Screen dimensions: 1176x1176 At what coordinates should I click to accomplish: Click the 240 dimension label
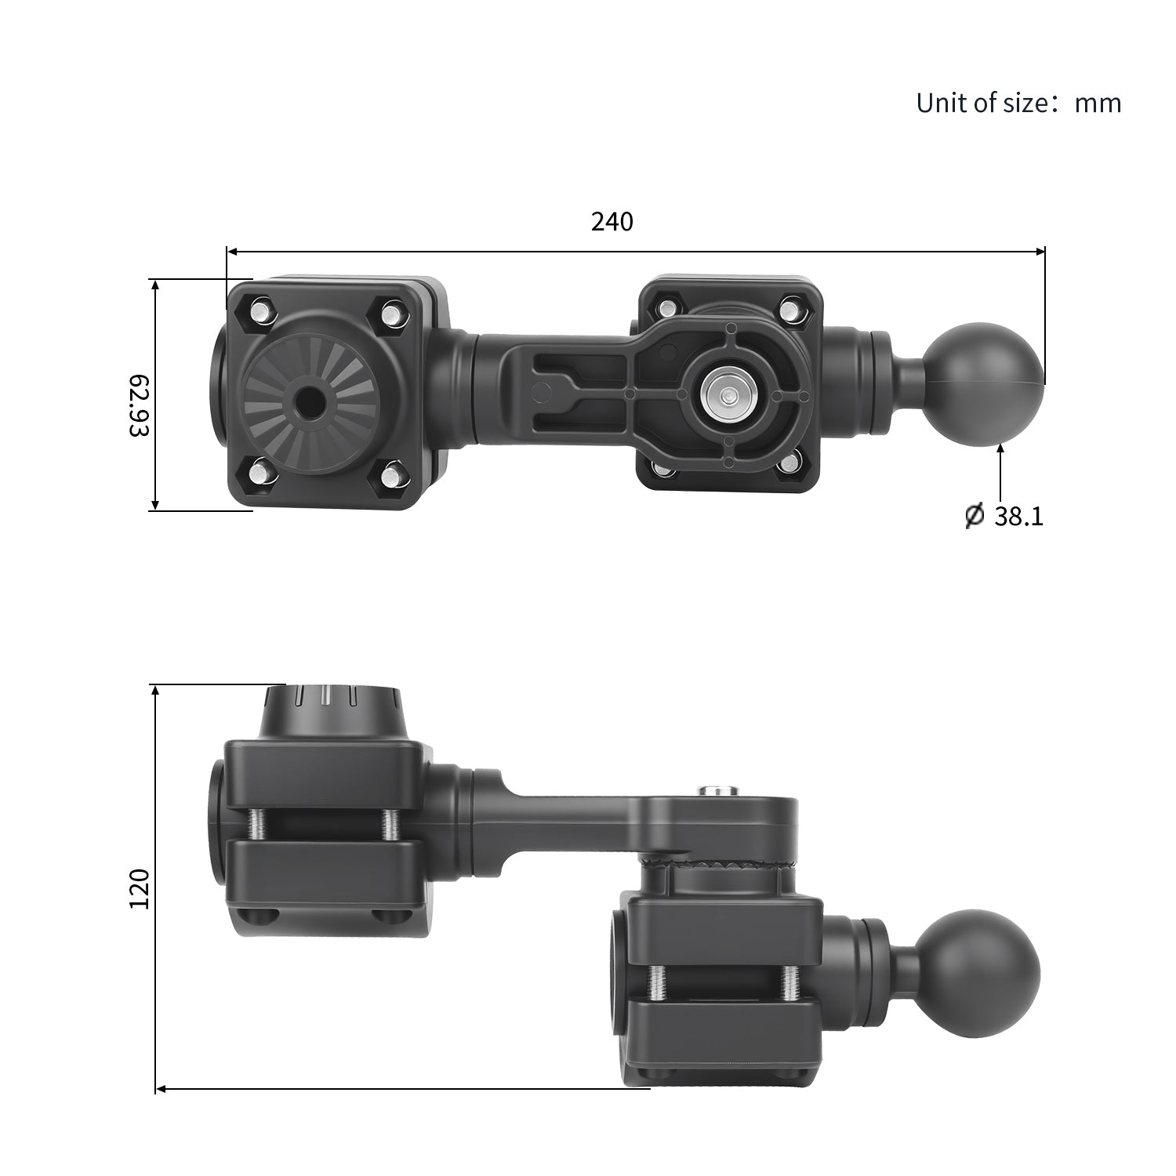(612, 222)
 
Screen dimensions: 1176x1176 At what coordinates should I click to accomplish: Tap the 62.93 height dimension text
(140, 405)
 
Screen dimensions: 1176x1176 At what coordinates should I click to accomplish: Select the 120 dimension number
(140, 888)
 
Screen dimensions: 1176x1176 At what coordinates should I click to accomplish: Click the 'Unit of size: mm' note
(1018, 103)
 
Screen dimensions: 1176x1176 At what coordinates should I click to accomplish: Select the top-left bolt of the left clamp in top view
(260, 310)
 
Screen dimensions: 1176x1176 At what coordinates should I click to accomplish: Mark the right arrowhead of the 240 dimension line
(1040, 252)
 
